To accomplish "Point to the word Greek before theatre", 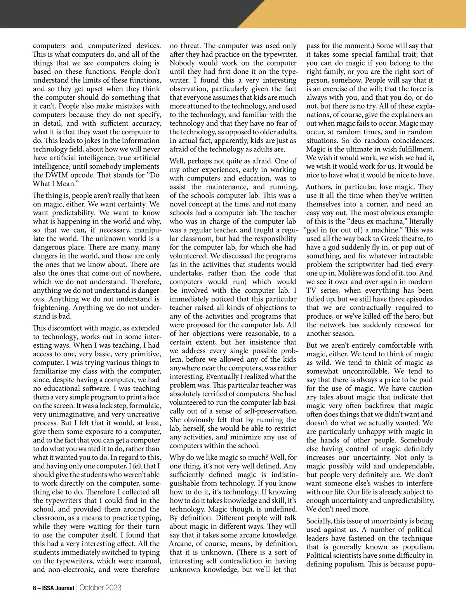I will [391, 239].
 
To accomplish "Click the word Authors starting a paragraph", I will [321, 187].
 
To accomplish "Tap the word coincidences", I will [412, 140].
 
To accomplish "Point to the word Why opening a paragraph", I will [177, 457].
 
